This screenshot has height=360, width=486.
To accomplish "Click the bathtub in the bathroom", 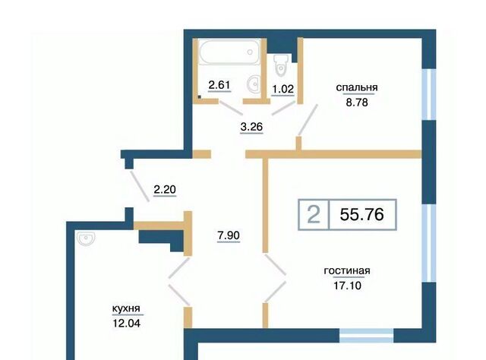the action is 229,52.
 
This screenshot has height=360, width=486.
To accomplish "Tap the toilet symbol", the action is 281,65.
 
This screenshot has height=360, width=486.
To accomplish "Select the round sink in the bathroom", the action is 253,83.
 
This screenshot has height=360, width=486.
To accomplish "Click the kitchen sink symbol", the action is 85,238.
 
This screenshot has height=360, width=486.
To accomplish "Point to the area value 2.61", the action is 219,84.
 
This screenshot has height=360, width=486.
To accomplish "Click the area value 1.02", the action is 282,89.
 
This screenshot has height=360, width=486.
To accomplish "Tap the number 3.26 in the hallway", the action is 251,127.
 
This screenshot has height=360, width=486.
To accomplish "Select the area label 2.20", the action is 165,189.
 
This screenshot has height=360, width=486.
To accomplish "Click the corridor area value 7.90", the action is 229,235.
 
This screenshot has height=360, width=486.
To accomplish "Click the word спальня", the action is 357,87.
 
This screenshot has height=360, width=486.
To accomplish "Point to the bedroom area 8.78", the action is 357,102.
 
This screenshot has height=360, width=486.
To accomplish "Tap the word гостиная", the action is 347,270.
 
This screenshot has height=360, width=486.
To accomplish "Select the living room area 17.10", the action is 347,286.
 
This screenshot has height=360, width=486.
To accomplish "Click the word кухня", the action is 126,308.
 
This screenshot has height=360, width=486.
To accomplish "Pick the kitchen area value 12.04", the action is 127,324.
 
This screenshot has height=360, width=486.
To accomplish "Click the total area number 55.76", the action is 361,214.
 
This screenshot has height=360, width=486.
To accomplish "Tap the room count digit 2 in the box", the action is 314,215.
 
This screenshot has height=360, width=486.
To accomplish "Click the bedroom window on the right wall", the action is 429,94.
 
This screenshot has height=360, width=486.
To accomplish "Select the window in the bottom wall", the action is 366,336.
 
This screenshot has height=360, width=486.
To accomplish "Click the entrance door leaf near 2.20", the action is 139,186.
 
